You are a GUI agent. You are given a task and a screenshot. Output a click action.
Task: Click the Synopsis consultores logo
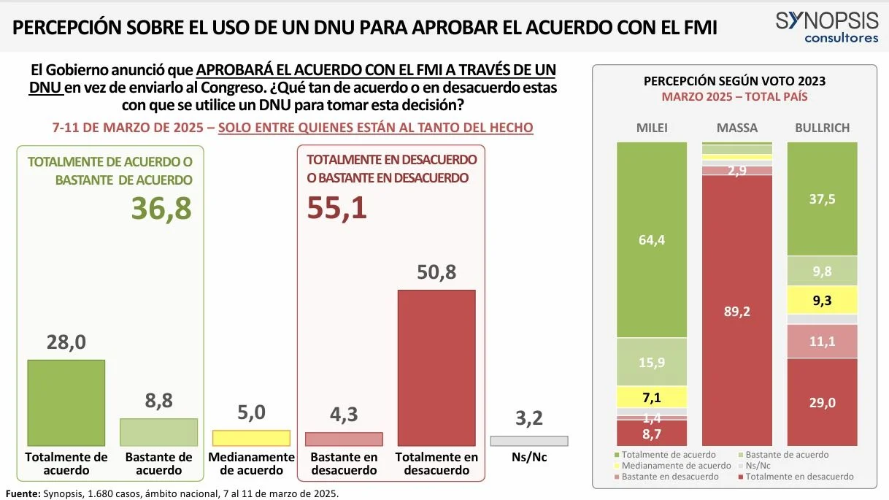tap(827, 27)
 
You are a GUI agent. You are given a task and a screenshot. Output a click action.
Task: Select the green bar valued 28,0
tap(66, 403)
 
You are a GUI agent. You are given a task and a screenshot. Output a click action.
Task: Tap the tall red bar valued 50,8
tap(436, 368)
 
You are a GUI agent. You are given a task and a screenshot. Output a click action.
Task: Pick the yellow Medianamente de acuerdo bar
tap(251, 438)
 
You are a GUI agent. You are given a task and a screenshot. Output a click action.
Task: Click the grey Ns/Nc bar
tap(529, 441)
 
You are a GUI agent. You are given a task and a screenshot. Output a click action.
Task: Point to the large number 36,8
tap(161, 208)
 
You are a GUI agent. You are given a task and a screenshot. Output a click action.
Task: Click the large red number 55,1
tap(336, 208)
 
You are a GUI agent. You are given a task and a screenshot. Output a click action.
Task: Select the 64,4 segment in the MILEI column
tap(652, 239)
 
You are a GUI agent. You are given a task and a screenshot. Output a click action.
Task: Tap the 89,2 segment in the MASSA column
tap(737, 310)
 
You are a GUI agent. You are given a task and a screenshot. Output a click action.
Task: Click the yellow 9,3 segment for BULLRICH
tap(823, 300)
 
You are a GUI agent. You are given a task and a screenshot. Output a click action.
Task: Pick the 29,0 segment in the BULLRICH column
tap(823, 402)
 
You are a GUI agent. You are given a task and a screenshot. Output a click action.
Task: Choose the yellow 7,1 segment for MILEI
tap(652, 397)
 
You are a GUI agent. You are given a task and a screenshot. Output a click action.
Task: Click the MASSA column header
tap(737, 128)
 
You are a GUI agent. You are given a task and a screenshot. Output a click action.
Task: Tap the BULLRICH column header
tap(823, 128)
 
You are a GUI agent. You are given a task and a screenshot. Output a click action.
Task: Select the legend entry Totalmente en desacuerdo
tap(796, 477)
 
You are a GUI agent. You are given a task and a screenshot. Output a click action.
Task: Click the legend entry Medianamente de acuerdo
tap(673, 466)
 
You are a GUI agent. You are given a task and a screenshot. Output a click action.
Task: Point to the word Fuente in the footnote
tap(23, 493)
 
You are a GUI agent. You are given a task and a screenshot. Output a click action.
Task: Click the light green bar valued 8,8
tap(159, 432)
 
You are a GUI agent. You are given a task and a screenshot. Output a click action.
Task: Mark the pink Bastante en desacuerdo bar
tap(344, 439)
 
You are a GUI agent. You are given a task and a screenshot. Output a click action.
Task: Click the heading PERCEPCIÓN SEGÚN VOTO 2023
tap(734, 81)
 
